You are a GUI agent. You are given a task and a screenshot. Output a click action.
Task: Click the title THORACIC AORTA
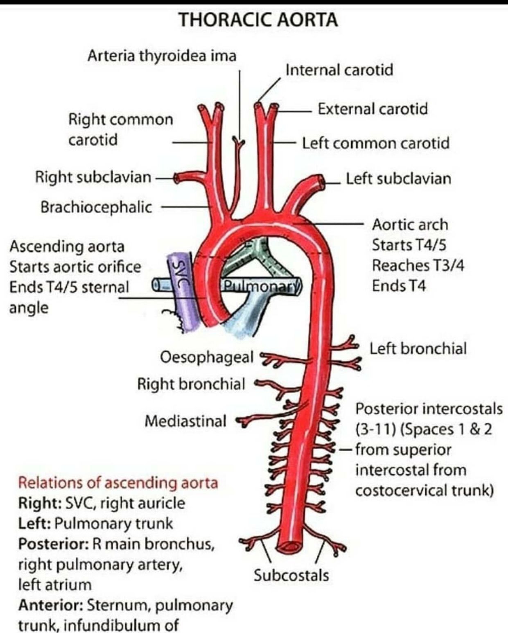coord(258,20)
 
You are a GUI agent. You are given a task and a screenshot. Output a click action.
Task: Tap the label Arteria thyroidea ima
coord(162,55)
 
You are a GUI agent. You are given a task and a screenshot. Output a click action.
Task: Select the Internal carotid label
coord(339,70)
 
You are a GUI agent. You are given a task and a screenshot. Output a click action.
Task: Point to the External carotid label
coord(373,109)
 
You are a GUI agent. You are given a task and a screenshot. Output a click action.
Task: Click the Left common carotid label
coord(375,143)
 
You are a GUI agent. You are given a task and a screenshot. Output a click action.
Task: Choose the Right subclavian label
coord(93,177)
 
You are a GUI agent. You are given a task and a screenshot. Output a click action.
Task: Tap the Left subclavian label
coord(398,179)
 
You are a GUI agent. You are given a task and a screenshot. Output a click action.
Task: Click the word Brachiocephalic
coord(96,207)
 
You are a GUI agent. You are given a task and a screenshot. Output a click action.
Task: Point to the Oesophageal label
coord(206,357)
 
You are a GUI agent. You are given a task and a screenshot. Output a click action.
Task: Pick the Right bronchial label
coord(191,384)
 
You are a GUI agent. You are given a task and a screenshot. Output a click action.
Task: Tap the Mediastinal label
coord(185,420)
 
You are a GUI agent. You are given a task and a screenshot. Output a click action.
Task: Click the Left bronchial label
coord(418,348)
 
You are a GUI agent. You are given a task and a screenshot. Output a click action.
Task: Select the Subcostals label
coord(291,575)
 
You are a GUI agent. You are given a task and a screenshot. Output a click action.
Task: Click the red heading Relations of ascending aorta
coord(118,482)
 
